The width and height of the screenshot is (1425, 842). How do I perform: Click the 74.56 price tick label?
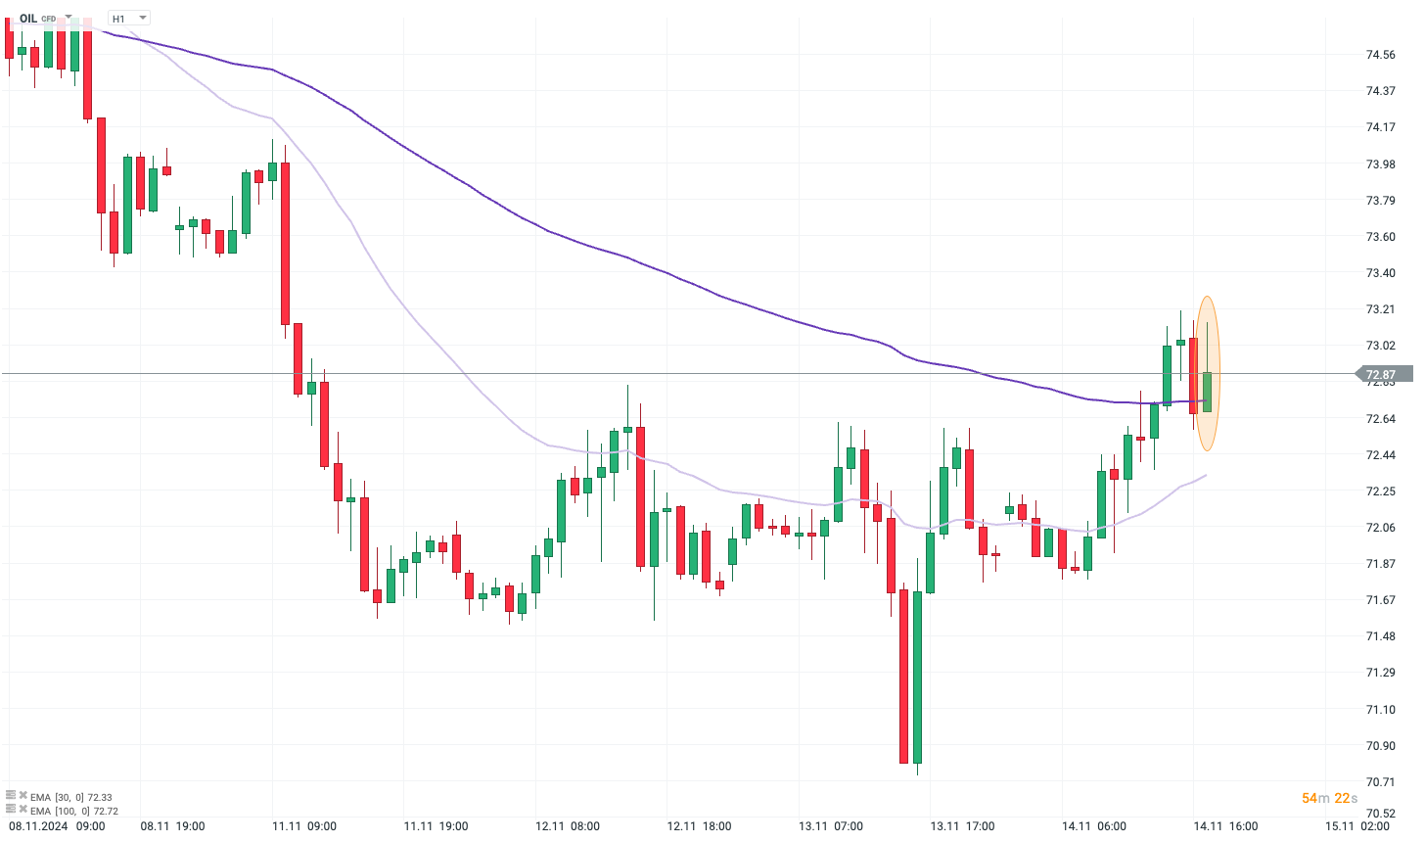(1380, 55)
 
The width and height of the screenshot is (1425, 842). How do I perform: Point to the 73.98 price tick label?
(1380, 164)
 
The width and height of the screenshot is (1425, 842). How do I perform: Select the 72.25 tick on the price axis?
(1380, 491)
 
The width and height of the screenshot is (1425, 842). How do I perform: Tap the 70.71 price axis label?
(1380, 781)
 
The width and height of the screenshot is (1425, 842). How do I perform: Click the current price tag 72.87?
(1382, 374)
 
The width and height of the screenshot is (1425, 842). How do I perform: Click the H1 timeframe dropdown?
(128, 19)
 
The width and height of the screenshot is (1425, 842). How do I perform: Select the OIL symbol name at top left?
(28, 19)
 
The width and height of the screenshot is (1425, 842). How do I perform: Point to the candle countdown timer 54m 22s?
(1329, 798)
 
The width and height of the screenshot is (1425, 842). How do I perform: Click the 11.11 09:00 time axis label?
(304, 826)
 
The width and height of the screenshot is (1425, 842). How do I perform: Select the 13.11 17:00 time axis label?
(963, 826)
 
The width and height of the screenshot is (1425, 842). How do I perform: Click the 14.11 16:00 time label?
(1225, 826)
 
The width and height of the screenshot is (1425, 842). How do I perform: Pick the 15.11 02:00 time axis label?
(1356, 826)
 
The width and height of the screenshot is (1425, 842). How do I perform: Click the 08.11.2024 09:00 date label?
(57, 826)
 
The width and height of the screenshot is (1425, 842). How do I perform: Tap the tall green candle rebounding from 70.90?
(917, 676)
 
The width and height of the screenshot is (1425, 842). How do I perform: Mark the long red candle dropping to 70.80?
(903, 676)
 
